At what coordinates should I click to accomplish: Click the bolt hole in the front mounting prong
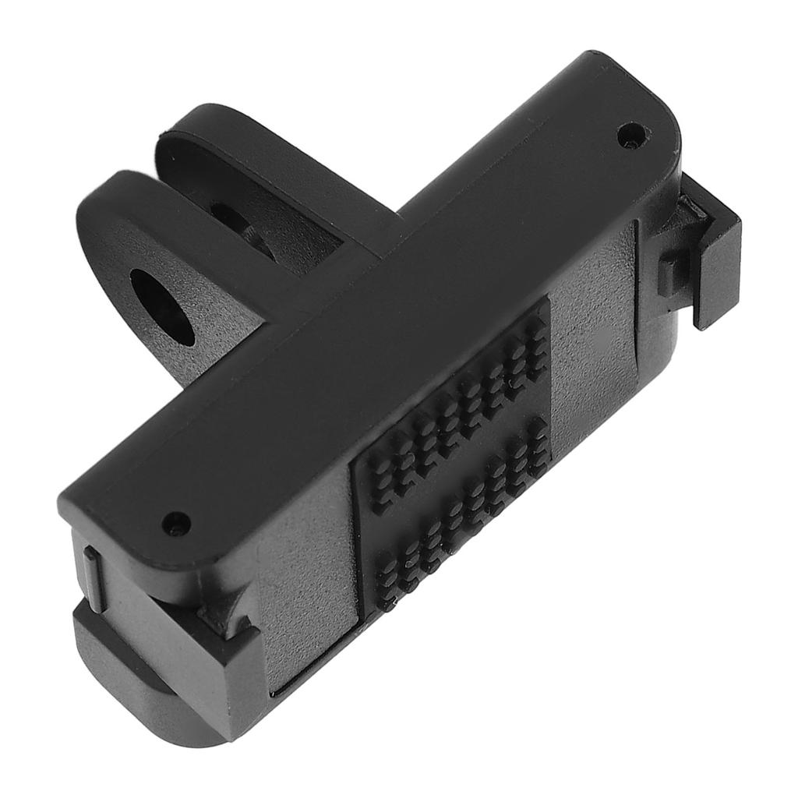[x=162, y=305]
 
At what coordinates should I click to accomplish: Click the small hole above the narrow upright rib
[x=178, y=522]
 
